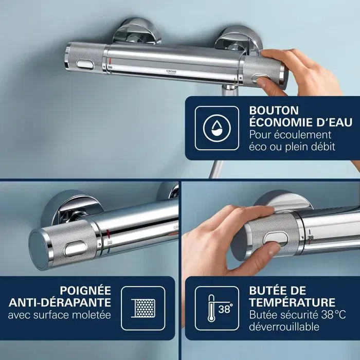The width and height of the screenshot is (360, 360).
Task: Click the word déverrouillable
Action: [x=284, y=327]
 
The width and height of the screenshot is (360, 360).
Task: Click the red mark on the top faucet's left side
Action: [x=110, y=61]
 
